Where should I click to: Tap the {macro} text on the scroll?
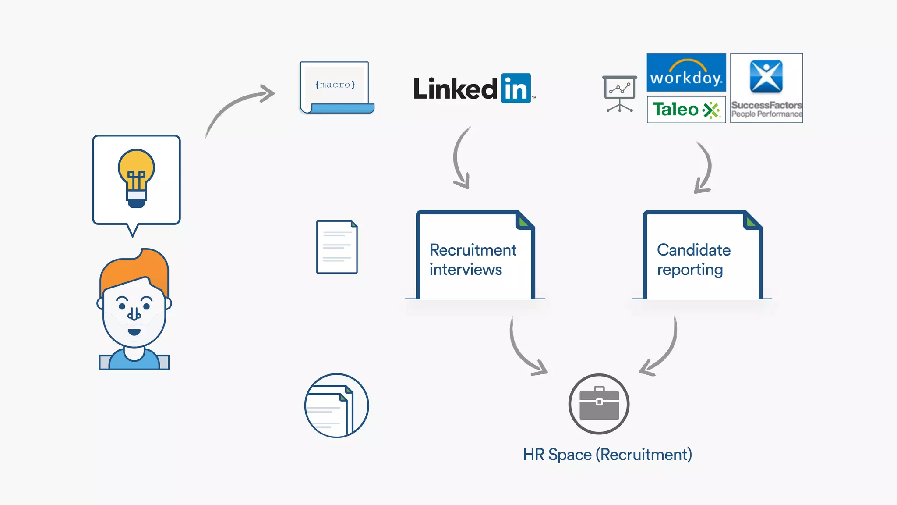point(335,85)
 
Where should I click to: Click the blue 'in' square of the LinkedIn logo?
point(516,88)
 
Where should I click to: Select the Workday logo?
point(686,73)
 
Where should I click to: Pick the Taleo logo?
point(686,110)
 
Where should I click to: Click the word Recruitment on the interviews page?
point(473,250)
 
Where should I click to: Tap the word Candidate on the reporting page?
point(693,250)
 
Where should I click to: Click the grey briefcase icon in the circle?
point(599,404)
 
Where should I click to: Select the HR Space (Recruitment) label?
point(607,455)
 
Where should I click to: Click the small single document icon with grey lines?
point(336,247)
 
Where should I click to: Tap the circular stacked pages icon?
point(336,405)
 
